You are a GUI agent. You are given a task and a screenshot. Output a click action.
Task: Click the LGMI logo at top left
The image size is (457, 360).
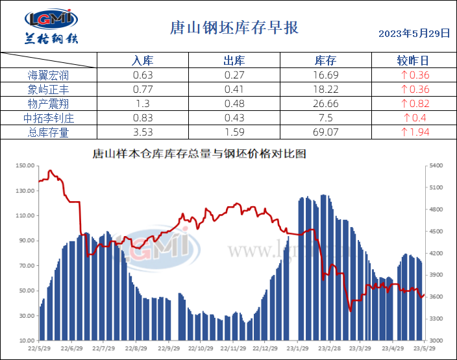click(x=51, y=26)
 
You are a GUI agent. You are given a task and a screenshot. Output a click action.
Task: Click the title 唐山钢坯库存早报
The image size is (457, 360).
click(x=234, y=28)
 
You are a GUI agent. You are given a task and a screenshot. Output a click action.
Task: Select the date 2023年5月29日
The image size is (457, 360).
click(x=414, y=33)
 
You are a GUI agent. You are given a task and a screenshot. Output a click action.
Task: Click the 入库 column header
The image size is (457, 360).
click(x=142, y=60)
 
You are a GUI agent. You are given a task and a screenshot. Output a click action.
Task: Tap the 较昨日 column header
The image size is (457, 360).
click(x=413, y=60)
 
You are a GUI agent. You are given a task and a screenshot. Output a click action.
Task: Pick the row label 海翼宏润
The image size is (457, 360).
click(x=48, y=75)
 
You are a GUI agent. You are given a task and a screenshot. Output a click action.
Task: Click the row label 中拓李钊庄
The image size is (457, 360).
click(x=48, y=118)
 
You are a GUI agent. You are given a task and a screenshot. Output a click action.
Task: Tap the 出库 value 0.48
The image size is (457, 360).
click(x=234, y=104)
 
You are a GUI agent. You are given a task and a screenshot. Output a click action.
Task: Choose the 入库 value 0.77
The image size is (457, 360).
click(x=142, y=90)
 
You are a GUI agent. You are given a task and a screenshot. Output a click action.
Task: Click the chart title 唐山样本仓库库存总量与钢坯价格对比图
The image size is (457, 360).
click(x=199, y=154)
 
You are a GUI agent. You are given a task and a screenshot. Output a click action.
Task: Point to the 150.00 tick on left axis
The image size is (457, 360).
click(x=25, y=166)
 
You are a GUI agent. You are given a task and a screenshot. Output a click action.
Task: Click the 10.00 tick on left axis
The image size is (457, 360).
click(x=27, y=341)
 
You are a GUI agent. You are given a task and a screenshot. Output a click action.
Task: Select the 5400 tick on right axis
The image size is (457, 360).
click(x=436, y=166)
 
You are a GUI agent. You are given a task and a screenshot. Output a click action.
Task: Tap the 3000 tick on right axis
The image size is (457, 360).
click(x=436, y=341)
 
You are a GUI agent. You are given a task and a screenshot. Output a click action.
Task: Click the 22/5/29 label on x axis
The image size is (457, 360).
click(x=40, y=348)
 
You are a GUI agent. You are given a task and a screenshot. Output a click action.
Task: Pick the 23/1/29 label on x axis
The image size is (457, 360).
click(x=297, y=348)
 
